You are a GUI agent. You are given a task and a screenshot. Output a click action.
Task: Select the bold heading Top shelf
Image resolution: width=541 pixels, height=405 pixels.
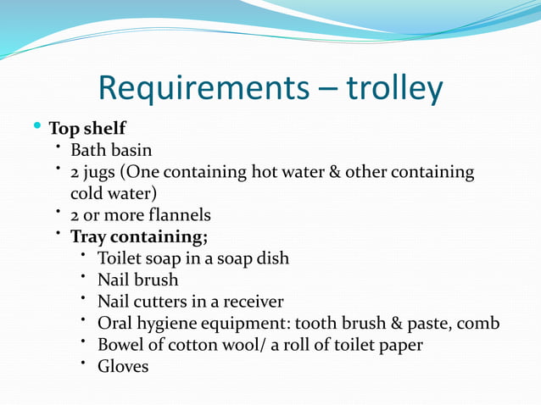[87, 129]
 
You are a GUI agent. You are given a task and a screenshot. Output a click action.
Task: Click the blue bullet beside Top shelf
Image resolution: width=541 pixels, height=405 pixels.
[36, 127]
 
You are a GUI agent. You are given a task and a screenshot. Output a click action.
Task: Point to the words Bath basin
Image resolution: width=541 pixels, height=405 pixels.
[111, 151]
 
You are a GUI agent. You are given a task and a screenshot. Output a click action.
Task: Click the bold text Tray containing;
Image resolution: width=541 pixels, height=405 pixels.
[139, 236]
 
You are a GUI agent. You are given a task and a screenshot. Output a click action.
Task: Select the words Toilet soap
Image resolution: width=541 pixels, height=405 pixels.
[140, 258]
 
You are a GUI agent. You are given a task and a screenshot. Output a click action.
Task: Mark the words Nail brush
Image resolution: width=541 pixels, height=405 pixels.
[138, 280]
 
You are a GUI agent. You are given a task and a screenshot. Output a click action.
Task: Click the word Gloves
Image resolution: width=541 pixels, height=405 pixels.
[123, 367]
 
